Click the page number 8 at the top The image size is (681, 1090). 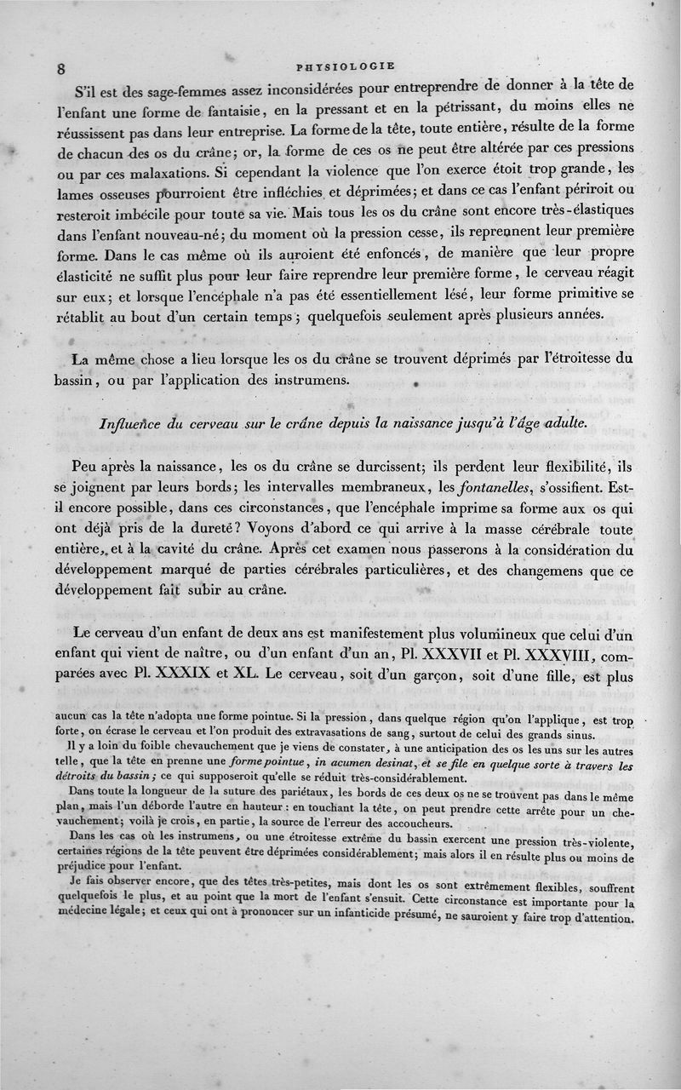(61, 70)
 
